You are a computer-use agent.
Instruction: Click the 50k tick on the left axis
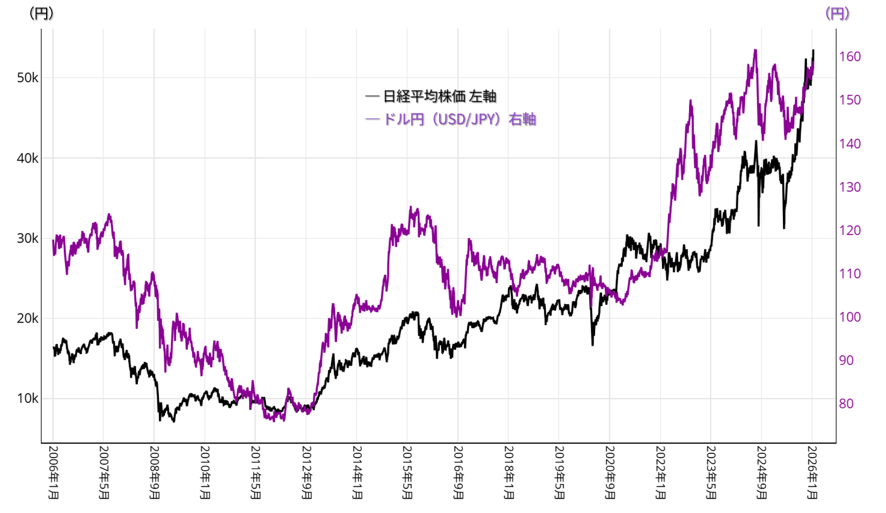27,78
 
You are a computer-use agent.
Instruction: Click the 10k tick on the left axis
27,399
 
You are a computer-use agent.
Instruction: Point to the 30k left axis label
27,238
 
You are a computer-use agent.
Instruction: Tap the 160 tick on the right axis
850,56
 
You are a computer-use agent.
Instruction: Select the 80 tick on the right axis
846,403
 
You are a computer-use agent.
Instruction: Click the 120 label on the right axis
850,230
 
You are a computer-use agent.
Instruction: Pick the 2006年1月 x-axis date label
53,472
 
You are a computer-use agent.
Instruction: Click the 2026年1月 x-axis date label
812,472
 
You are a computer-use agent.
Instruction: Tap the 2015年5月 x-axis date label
407,472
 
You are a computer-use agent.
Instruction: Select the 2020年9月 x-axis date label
610,472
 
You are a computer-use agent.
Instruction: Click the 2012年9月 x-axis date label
306,472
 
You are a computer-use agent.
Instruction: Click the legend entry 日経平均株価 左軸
431,97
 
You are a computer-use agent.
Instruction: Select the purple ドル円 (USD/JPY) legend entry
451,119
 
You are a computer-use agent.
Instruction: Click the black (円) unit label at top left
41,13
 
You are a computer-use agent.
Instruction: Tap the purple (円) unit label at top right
837,13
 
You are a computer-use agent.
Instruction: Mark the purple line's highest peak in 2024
755,50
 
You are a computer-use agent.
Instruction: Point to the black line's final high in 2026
813,50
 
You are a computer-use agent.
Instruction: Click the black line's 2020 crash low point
592,344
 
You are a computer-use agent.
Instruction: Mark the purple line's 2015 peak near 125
411,207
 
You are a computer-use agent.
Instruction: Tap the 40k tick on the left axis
27,158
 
